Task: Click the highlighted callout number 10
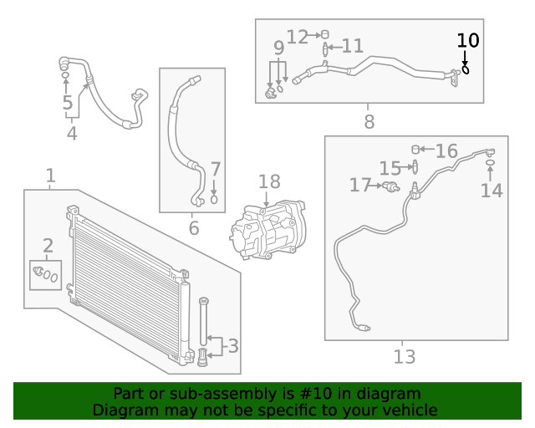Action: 468,40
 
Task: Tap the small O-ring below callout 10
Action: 466,69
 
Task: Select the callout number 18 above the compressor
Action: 269,182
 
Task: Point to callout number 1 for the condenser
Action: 50,176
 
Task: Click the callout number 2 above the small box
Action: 48,246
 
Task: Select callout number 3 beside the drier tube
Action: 233,345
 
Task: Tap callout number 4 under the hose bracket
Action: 72,133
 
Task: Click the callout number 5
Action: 68,104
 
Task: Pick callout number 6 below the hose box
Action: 193,227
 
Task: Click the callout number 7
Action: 215,170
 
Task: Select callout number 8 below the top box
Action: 369,122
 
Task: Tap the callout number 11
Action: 352,46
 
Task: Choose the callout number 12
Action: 298,36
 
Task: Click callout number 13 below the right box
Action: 405,358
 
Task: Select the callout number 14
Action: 492,191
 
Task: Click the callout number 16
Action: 446,151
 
